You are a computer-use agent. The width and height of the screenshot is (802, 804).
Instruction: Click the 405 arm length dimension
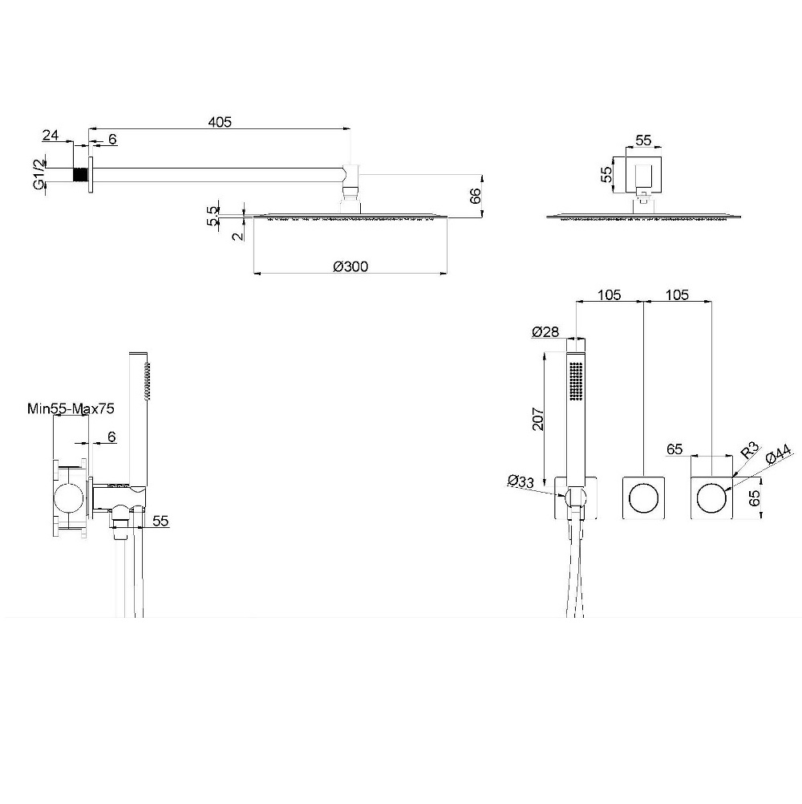pyautogui.click(x=220, y=122)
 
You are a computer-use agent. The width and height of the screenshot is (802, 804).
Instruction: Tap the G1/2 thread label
pyautogui.click(x=39, y=174)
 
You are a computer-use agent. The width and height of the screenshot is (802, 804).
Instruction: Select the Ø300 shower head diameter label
pyautogui.click(x=350, y=266)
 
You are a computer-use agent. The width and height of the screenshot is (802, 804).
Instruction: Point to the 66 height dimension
pyautogui.click(x=476, y=195)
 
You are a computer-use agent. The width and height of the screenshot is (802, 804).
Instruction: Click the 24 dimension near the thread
pyautogui.click(x=51, y=136)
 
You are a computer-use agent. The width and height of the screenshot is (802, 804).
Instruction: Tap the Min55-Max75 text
pyautogui.click(x=71, y=408)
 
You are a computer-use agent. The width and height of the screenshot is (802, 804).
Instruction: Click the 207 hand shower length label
pyautogui.click(x=537, y=419)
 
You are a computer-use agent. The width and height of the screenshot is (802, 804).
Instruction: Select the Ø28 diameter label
pyautogui.click(x=545, y=332)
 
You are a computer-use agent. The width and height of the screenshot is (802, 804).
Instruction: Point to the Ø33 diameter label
pyautogui.click(x=520, y=481)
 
